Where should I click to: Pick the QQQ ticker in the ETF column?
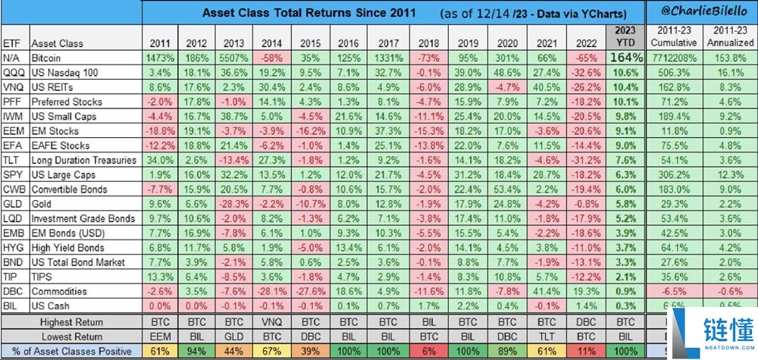pyautogui.click(x=12, y=71)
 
